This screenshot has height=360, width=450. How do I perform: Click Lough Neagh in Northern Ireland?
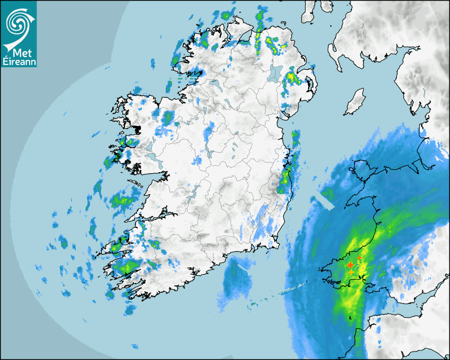pos(276,73)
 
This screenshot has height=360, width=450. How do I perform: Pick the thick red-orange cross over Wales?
pos(350,265)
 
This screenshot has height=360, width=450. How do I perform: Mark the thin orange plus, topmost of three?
pos(359,258)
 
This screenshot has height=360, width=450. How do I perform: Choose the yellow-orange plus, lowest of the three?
pos(350,272)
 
